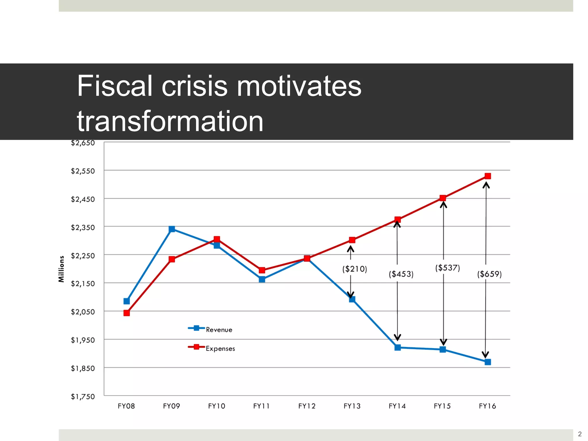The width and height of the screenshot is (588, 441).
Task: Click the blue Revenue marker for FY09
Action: pos(172,229)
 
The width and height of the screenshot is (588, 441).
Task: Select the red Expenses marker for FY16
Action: pos(488,176)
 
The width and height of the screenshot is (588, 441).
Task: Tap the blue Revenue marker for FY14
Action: pos(397,347)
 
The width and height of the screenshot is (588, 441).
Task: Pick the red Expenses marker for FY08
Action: pos(127,313)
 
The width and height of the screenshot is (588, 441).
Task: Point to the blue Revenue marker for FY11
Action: pos(262,279)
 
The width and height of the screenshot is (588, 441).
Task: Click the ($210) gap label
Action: pos(355,269)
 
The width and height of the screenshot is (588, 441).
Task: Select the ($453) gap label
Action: pos(401,274)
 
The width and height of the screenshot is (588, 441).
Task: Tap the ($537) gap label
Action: pos(447,268)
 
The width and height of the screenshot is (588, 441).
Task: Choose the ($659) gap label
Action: pos(489,274)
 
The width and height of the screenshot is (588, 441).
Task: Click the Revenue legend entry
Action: pos(218,330)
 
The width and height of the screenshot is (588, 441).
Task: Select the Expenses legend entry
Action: pos(220,349)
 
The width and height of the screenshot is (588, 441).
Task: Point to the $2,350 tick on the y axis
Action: pos(83,227)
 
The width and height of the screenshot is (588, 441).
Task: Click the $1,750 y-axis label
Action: pos(83,396)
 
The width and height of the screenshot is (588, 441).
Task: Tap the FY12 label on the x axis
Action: pos(307,406)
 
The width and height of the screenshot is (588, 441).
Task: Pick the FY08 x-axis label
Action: pos(126,406)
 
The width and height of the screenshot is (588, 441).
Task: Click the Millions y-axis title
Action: pos(61,269)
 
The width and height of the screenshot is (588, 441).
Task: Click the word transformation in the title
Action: pos(170,121)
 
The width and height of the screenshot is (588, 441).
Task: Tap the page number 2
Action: pos(580,434)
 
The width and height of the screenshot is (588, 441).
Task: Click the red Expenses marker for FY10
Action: pos(217,239)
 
